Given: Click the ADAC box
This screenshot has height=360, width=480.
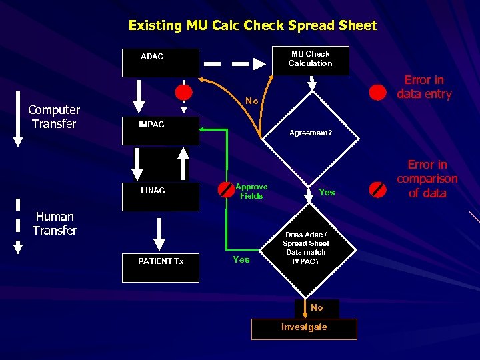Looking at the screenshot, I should [160, 63].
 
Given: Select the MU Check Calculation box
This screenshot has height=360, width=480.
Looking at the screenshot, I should [310, 59].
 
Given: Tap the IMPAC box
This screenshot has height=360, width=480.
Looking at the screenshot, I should [160, 131].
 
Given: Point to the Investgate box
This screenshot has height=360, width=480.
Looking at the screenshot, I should [304, 328].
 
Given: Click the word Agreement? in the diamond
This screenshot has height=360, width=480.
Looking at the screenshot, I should [310, 133].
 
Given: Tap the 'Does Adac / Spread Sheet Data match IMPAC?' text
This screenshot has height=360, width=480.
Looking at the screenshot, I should [306, 248].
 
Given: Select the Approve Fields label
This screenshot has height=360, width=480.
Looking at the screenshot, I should [251, 191].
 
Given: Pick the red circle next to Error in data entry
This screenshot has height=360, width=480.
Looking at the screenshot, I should [378, 92].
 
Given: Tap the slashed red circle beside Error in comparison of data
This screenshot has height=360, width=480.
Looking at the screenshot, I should [378, 189].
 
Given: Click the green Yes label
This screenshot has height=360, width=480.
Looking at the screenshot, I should [241, 259].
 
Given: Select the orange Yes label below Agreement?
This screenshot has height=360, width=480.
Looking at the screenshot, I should [327, 192].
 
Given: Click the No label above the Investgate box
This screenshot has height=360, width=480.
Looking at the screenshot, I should [317, 307].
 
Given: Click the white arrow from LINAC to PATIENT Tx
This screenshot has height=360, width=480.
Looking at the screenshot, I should [159, 234].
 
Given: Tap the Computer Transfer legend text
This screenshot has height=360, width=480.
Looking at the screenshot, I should [54, 117].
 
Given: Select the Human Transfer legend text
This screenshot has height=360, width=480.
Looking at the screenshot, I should [55, 223].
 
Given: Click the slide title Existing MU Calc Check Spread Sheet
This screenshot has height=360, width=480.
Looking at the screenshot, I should [252, 25].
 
